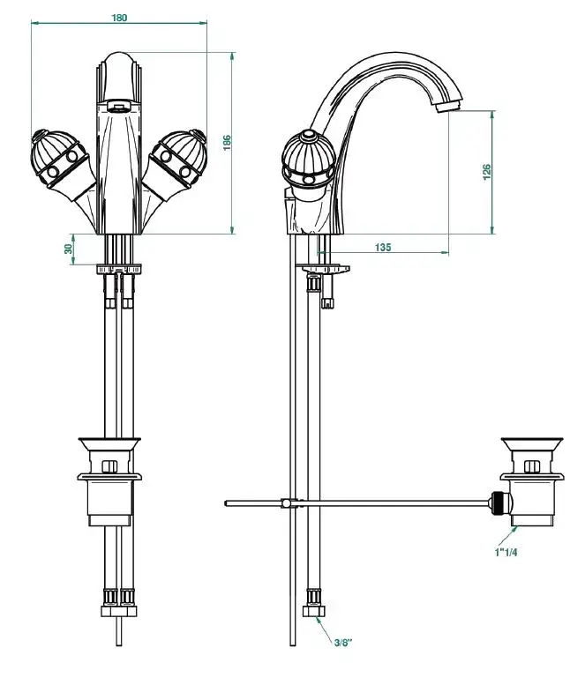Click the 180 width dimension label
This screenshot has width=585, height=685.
coord(119,18)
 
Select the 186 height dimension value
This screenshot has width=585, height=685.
coord(228,143)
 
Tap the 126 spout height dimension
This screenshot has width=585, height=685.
coord(487,172)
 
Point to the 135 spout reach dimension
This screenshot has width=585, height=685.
coord(383,247)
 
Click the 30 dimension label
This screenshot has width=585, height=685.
coord(68,249)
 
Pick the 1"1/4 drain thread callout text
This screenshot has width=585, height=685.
coord(506,553)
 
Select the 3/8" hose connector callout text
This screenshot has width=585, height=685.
coord(343,643)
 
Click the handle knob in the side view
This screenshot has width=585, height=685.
coord(309,160)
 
